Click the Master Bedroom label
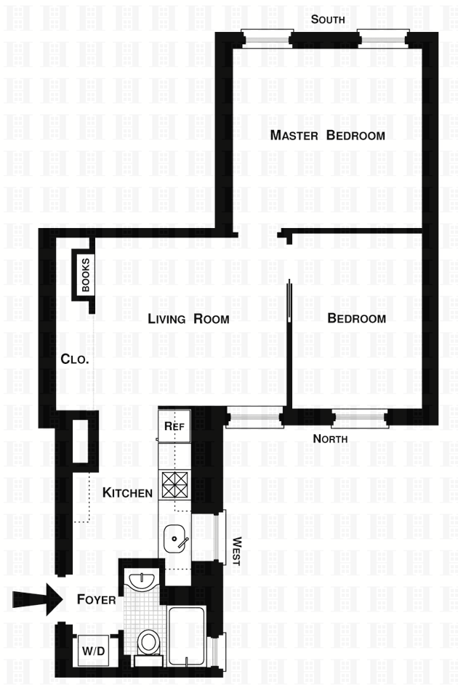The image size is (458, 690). pyautogui.click(x=327, y=135)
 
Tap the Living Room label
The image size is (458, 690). pyautogui.click(x=188, y=319)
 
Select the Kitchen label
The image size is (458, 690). pyautogui.click(x=127, y=493)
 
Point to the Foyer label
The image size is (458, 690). pyautogui.click(x=97, y=600)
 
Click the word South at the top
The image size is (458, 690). pyautogui.click(x=328, y=20)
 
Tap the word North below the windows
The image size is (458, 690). pyautogui.click(x=330, y=439)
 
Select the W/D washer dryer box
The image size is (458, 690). pyautogui.click(x=93, y=650)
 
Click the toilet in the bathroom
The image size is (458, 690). pyautogui.click(x=149, y=642)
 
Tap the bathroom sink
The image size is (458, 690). pyautogui.click(x=141, y=581)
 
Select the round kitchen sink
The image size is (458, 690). pyautogui.click(x=175, y=538)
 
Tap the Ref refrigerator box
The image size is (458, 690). pyautogui.click(x=174, y=426)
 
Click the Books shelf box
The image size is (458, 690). pyautogui.click(x=85, y=275)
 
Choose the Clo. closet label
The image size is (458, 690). pyautogui.click(x=74, y=359)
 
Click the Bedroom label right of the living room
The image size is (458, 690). pyautogui.click(x=356, y=319)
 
